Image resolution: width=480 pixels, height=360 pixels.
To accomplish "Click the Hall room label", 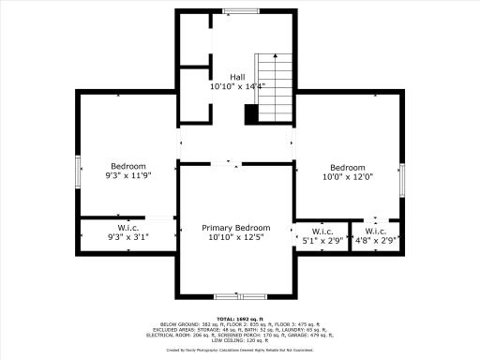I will click(x=240, y=77).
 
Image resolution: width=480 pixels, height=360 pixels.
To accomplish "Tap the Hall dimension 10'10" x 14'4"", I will click(x=240, y=86).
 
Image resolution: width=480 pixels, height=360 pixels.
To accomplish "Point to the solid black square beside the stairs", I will click(x=251, y=113).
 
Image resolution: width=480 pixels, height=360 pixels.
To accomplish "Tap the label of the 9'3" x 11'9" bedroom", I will click(x=127, y=165).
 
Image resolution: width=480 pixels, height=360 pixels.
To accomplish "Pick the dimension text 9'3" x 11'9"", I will click(x=127, y=175).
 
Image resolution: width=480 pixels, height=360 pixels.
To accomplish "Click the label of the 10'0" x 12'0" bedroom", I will click(x=347, y=168).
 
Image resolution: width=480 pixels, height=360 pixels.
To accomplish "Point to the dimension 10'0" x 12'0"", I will click(x=347, y=178).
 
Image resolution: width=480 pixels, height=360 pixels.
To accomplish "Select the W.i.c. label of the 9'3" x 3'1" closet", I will click(x=127, y=229).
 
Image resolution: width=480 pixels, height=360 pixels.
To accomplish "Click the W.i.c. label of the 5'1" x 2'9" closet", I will click(x=322, y=232).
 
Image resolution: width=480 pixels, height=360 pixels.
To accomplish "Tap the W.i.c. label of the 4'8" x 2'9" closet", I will click(x=376, y=232).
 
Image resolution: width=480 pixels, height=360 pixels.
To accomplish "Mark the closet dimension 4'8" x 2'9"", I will click(x=376, y=241).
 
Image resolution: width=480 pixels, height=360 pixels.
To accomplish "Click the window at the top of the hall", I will click(x=236, y=11).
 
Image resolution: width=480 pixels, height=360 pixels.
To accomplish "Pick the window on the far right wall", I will click(x=405, y=178).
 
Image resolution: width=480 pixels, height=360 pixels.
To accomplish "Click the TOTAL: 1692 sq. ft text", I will click(x=239, y=320).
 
